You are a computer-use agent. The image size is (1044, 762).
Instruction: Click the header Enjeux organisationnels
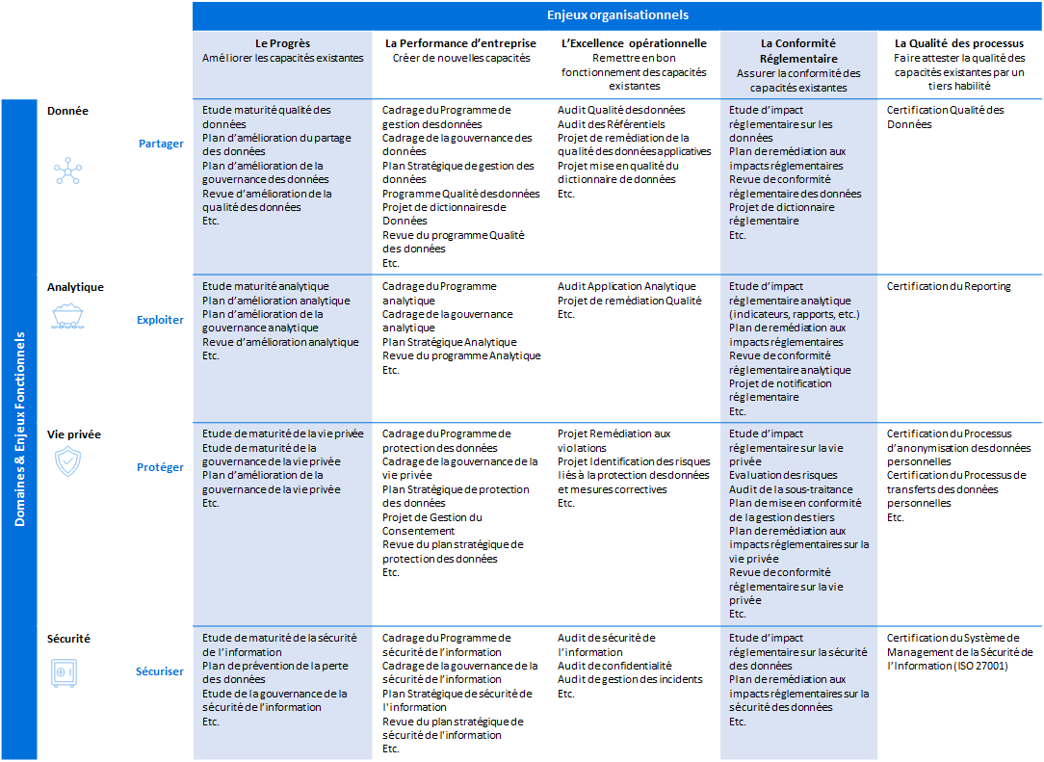tap(616, 15)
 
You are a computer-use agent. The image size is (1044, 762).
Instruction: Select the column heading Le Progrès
tap(283, 43)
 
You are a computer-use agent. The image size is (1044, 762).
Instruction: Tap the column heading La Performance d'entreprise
tap(460, 43)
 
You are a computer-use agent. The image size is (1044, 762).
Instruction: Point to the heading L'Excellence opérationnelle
tap(634, 43)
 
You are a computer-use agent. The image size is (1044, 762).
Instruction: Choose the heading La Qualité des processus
tap(958, 43)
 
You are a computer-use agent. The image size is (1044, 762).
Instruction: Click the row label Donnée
tap(67, 111)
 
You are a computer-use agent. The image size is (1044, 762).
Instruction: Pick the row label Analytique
tap(75, 287)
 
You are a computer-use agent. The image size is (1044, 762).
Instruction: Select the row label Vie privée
tap(74, 434)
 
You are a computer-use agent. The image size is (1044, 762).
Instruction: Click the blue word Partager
tap(161, 145)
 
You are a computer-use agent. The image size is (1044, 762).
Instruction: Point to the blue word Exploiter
tap(160, 320)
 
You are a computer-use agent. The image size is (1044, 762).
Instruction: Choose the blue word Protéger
tap(160, 467)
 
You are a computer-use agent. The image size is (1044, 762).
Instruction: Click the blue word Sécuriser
tap(159, 671)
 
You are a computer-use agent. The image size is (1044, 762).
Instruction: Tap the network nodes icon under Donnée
tap(67, 171)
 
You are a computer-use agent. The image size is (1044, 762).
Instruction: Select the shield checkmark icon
tap(67, 462)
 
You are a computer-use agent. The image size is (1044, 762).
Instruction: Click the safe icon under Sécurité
tap(64, 672)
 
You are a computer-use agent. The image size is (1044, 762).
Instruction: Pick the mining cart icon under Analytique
tap(67, 315)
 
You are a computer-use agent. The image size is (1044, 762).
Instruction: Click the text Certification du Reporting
tap(949, 286)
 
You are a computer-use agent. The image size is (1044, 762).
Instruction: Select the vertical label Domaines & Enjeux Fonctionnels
tap(19, 429)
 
